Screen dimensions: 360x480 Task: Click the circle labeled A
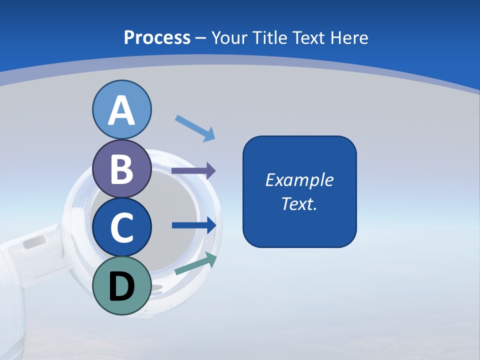pos(121,109)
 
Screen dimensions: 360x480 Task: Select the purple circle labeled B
pos(121,168)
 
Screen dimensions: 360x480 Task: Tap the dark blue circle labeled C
pos(121,227)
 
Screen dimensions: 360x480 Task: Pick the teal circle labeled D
pos(121,286)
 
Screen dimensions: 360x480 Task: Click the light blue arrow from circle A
pos(195,128)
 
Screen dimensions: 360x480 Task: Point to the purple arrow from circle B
pos(193,171)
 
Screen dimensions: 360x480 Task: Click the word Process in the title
pos(157,37)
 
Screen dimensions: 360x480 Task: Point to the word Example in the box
pos(299,180)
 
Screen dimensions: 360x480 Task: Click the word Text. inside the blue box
pos(299,204)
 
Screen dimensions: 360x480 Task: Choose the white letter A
pos(121,110)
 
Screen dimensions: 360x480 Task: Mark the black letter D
pos(121,287)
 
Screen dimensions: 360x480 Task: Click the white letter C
pos(121,228)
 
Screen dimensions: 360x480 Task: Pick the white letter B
pos(121,169)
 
